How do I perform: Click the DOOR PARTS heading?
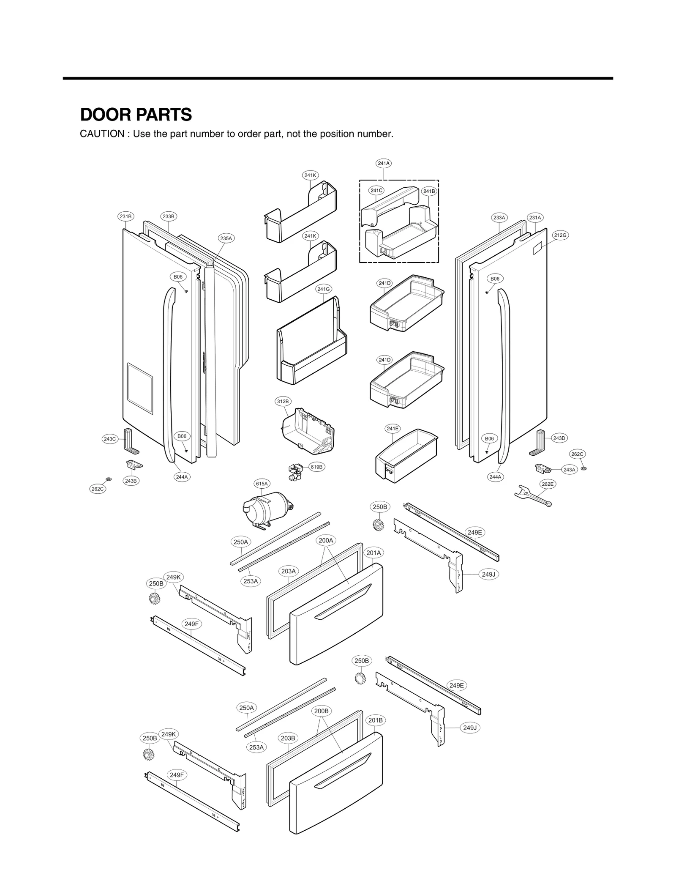[136, 115]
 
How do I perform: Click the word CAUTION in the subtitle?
[101, 134]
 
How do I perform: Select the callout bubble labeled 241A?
[383, 163]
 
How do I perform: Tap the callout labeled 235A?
[226, 238]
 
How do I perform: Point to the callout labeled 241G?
[323, 289]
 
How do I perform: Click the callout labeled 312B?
[283, 401]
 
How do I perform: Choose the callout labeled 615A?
[262, 484]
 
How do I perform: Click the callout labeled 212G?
[560, 235]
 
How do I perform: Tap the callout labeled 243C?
[109, 439]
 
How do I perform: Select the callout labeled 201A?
[373, 553]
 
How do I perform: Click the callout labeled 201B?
[375, 720]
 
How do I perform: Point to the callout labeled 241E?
[393, 429]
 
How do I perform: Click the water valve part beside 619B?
[294, 472]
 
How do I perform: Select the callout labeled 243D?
[559, 438]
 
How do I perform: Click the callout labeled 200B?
[321, 711]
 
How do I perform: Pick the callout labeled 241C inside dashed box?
[376, 191]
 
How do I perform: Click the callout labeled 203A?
[289, 571]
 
